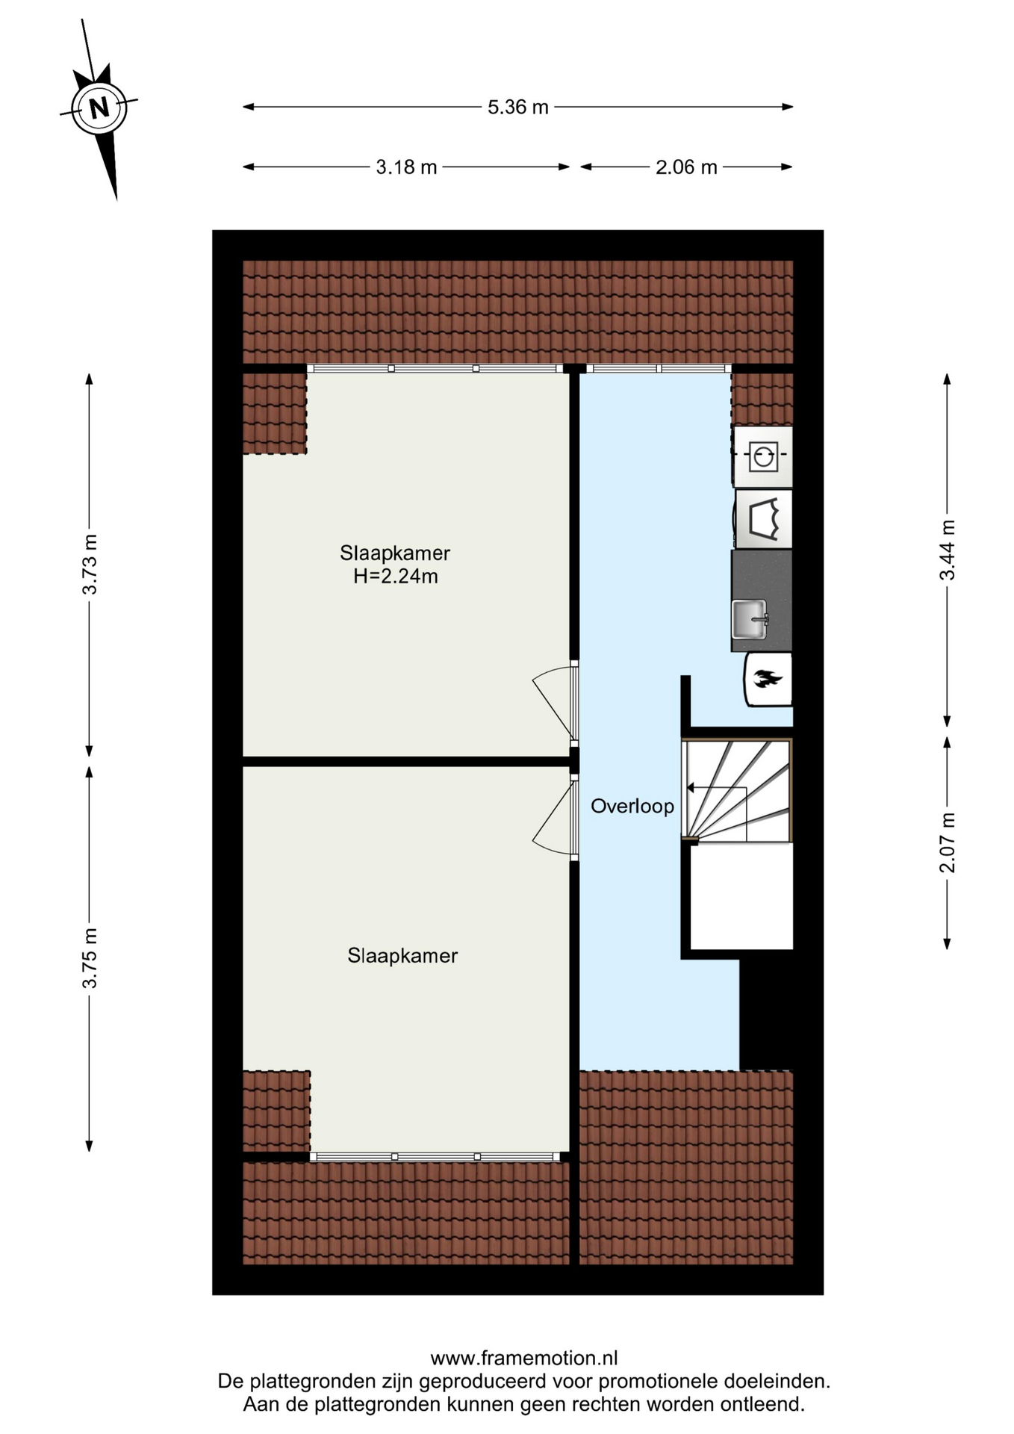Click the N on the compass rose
[x=99, y=108]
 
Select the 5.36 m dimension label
[x=518, y=107]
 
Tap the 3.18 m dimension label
[x=406, y=167]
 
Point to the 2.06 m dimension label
[x=686, y=167]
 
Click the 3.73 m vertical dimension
[x=90, y=565]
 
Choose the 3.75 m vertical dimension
[x=90, y=959]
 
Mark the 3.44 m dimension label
[x=948, y=550]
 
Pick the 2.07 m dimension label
[x=948, y=842]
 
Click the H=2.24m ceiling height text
[x=395, y=576]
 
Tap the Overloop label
[x=632, y=807]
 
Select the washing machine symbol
[x=762, y=456]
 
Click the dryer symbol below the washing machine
[x=763, y=518]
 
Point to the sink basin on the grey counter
[x=750, y=619]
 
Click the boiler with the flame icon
[x=768, y=679]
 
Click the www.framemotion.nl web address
[x=524, y=1358]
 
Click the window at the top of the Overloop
[x=659, y=368]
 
